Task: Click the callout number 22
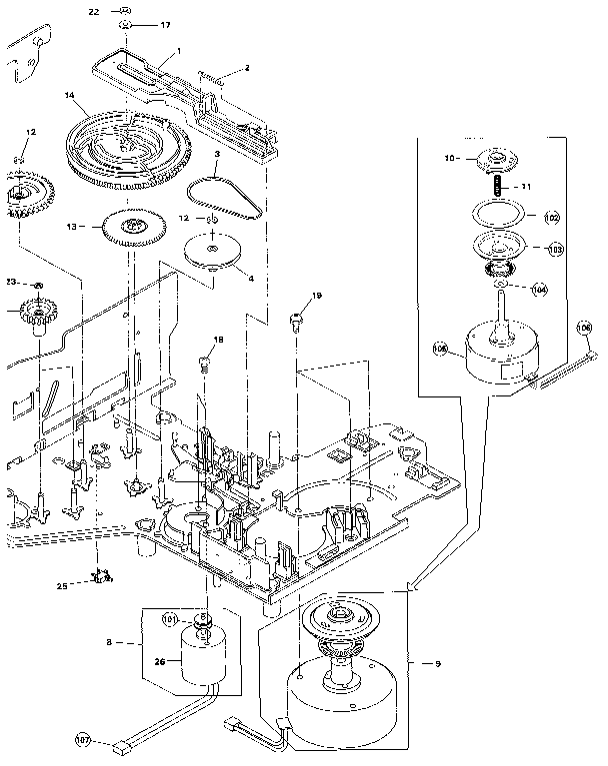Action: click(93, 11)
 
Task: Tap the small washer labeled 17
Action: click(126, 24)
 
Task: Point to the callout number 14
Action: click(70, 96)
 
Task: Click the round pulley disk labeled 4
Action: click(213, 250)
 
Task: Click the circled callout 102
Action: click(551, 217)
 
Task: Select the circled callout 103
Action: click(553, 249)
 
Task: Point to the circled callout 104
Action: click(539, 289)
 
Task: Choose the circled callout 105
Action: click(441, 349)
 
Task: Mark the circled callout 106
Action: click(584, 327)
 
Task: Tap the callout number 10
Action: click(450, 157)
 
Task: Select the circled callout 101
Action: click(171, 619)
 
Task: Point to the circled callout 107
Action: click(83, 740)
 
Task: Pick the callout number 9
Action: click(436, 663)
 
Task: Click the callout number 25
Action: click(61, 585)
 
